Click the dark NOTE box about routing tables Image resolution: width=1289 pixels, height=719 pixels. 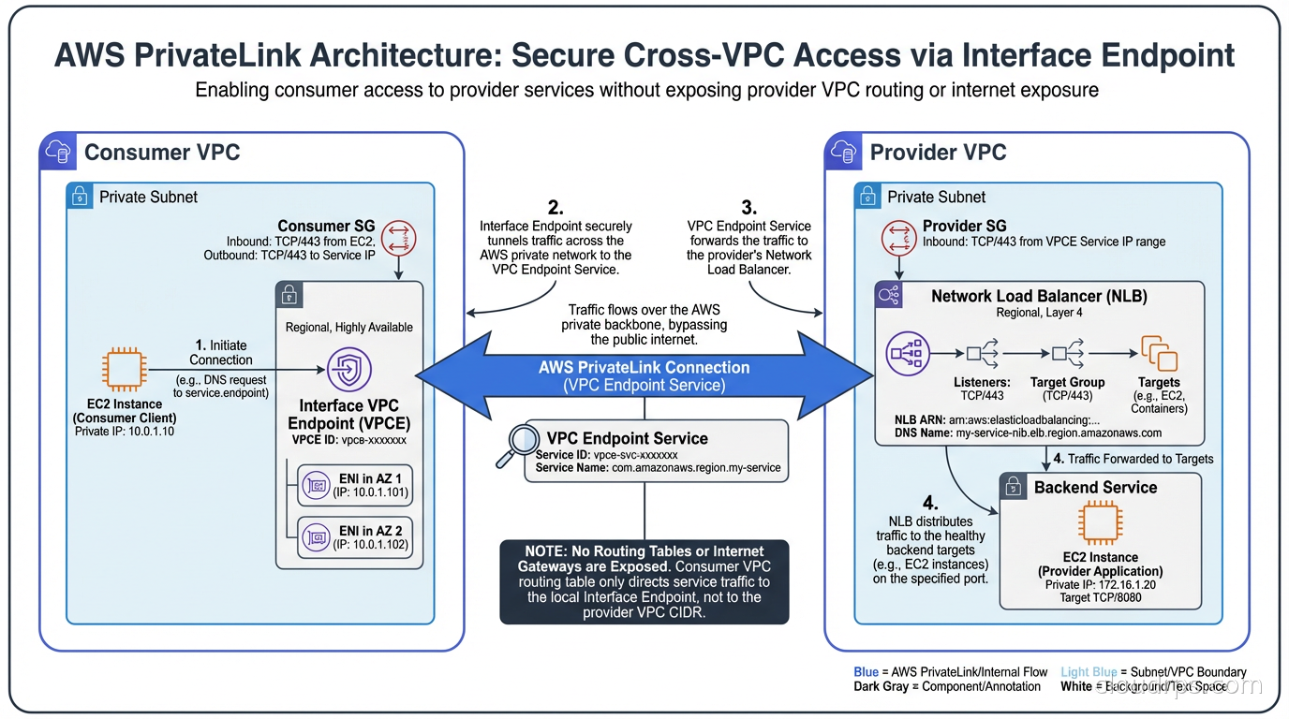pos(644,581)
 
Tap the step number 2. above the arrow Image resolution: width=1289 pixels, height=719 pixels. pos(555,206)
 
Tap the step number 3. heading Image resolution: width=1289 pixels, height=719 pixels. pos(748,207)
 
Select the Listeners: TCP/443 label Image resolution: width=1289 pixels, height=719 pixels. pos(982,389)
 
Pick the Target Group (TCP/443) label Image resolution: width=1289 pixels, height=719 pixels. pos(1067,389)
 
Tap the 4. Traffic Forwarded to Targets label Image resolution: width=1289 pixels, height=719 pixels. pos(1133,459)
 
